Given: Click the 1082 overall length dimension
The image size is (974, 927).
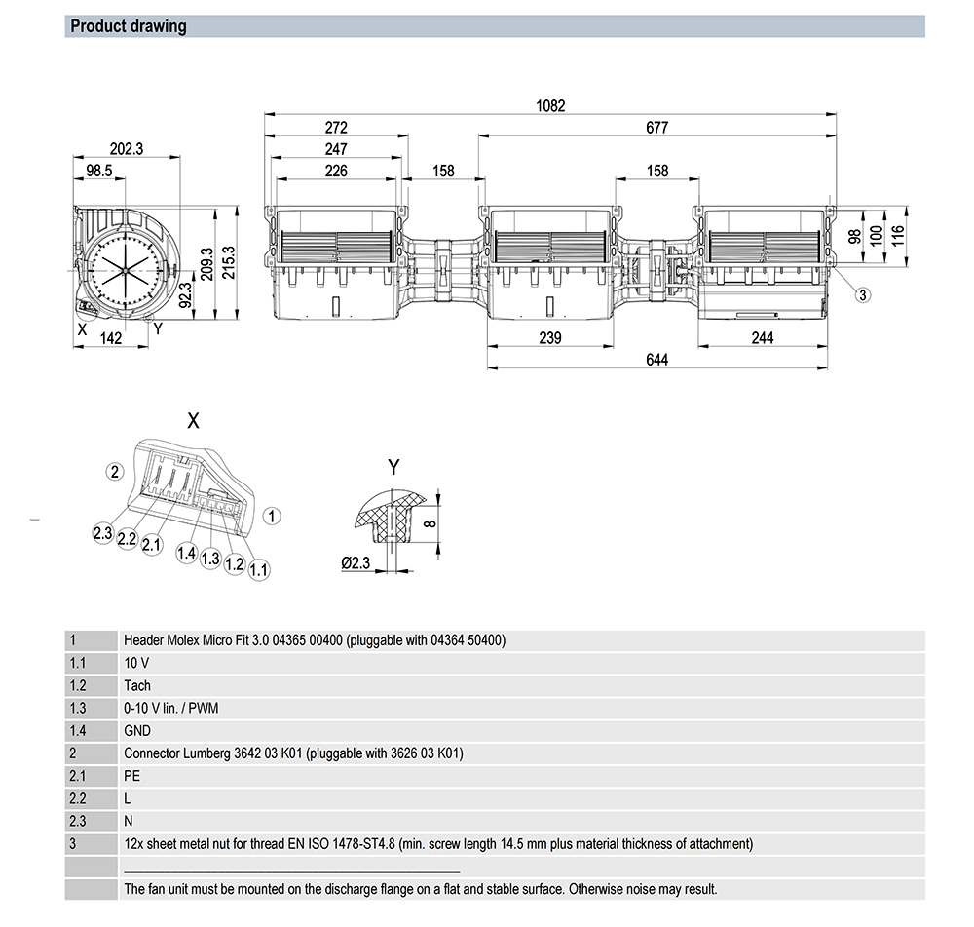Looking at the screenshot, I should point(551,105).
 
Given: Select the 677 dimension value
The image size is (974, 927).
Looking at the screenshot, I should point(656,128).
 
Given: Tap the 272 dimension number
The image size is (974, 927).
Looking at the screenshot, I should point(336,128).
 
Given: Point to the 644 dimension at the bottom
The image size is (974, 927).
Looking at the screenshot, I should point(656,360).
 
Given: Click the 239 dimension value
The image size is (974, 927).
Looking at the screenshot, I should point(550,337).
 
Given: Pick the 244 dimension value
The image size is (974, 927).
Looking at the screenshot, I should point(763,337).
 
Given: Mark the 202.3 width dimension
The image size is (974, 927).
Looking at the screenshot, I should point(127,149).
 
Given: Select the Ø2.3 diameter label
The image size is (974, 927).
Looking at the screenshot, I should point(356,562).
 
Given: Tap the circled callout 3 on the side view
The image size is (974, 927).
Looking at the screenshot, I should point(863,293).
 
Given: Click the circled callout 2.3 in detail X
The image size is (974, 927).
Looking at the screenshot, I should point(103,532).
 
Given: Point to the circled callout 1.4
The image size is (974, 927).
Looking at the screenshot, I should point(186,555).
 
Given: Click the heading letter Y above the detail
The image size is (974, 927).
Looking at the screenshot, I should point(393,468).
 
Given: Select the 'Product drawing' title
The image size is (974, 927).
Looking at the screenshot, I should point(129,26).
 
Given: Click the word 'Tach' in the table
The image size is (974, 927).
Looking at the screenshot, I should point(137,685).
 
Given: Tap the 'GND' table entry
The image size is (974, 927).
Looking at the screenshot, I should point(137,730).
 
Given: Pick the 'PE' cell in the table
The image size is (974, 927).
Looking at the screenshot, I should point(131,775).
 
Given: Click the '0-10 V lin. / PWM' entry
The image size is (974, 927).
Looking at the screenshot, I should point(170,708).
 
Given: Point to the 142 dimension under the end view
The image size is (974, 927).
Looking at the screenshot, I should point(111,337).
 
